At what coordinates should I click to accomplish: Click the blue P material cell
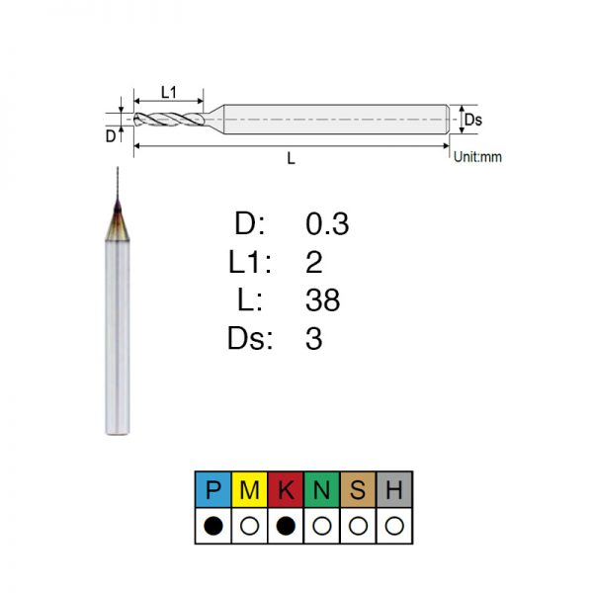point(212,489)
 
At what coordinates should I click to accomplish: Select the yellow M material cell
point(249,489)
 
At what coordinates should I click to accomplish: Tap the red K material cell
point(286,489)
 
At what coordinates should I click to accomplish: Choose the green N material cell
point(322,489)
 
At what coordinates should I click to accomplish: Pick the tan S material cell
point(358,489)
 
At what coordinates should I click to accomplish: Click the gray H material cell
point(394,489)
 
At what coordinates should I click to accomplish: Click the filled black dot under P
point(213,526)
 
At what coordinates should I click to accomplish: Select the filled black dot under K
point(286,526)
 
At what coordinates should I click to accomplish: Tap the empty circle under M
point(250,526)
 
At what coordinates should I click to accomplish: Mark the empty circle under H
point(394,526)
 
